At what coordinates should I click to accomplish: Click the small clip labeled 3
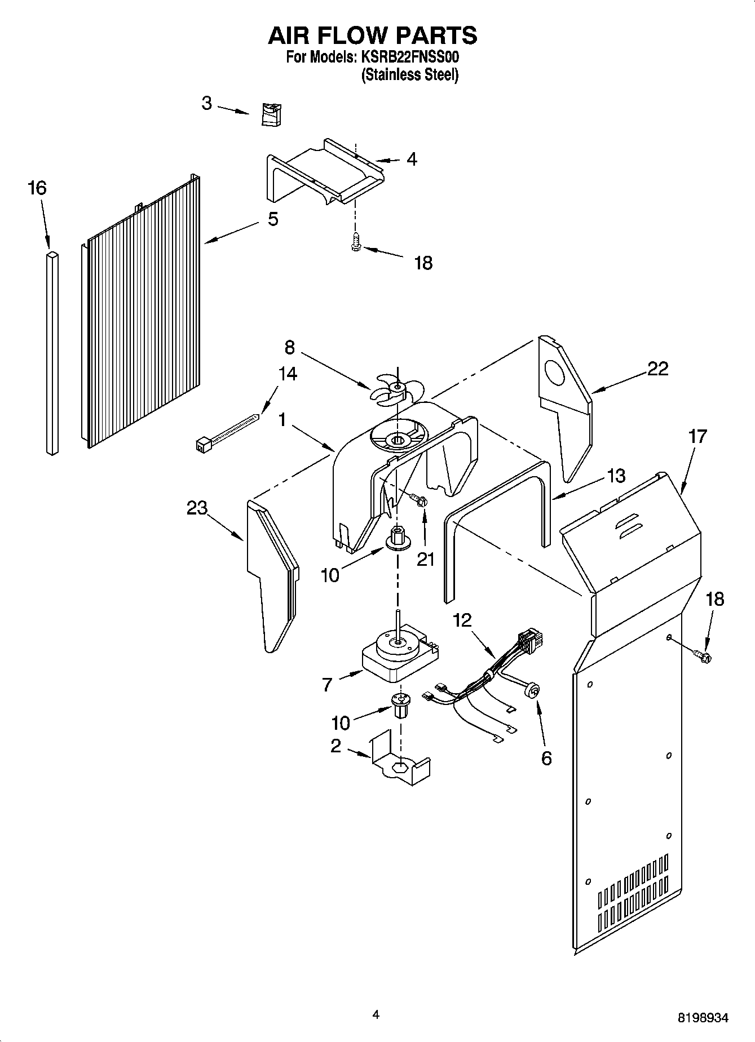click(272, 114)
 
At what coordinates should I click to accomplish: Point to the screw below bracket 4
click(355, 243)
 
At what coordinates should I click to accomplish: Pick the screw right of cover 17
click(703, 655)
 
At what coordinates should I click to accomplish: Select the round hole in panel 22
click(556, 371)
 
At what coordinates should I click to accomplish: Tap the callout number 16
click(37, 188)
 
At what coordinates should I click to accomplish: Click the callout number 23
click(197, 508)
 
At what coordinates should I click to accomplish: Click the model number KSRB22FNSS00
click(410, 57)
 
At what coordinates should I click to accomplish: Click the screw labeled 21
click(418, 499)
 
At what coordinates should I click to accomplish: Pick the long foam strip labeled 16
click(52, 353)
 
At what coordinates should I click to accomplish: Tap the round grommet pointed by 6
click(531, 690)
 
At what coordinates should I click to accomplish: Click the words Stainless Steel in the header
click(410, 74)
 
